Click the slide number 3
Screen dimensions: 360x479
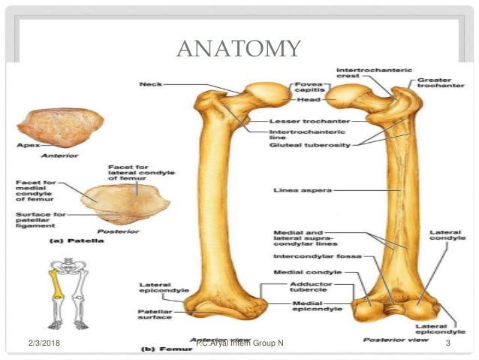(x=447, y=344)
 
